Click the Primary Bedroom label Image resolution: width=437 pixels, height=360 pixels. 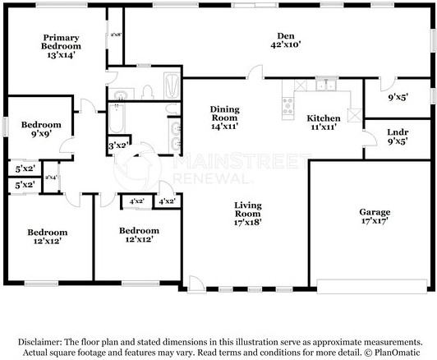point(62,43)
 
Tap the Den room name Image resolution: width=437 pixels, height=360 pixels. point(285,36)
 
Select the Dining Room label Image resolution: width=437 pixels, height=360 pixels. point(223,114)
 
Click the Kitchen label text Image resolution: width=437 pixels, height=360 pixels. point(324,118)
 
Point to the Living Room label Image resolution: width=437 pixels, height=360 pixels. point(247,209)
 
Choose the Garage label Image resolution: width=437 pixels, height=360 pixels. point(374,210)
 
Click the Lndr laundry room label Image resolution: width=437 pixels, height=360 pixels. point(398,132)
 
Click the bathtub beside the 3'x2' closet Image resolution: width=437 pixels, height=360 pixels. point(116,120)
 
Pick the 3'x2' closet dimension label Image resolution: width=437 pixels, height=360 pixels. point(117,145)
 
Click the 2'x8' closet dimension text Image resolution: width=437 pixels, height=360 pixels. point(116,35)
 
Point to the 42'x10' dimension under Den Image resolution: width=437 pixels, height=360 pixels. point(285,46)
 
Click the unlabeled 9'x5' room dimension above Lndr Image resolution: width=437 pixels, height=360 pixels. point(398,97)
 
